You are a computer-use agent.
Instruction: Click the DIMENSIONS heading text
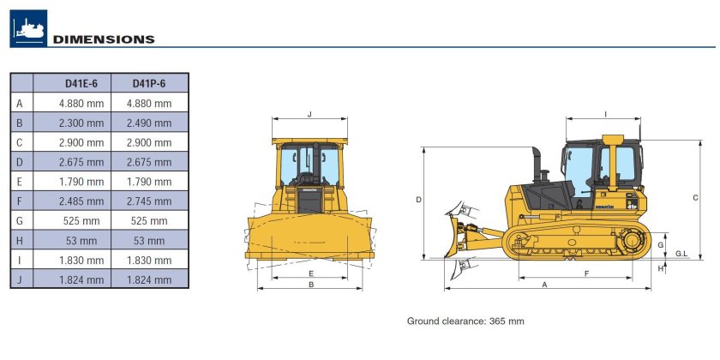(104, 39)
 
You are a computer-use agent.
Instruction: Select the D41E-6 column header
(81, 84)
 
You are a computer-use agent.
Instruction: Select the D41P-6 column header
(149, 84)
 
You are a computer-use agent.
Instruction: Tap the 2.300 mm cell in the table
(81, 123)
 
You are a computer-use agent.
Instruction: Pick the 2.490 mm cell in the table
(149, 123)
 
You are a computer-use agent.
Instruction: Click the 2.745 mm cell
(149, 201)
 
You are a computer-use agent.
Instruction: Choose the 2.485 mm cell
(81, 201)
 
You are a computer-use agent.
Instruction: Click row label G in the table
(19, 221)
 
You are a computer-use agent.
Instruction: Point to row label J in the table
(19, 279)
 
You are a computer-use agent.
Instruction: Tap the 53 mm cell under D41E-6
(81, 241)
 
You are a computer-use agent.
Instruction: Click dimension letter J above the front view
(309, 114)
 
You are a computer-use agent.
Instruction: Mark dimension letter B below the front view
(311, 285)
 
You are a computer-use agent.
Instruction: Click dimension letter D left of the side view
(419, 200)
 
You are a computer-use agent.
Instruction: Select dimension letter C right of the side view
(696, 198)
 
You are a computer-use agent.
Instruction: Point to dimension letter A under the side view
(545, 285)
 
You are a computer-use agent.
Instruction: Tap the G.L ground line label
(682, 254)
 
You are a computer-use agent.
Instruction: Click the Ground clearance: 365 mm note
(465, 321)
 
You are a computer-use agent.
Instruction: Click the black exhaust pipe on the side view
(537, 165)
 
